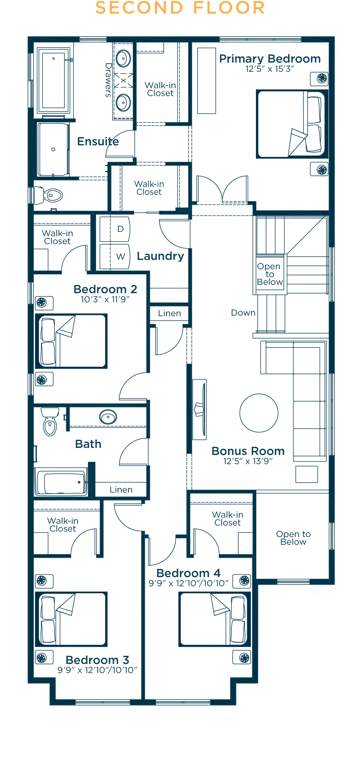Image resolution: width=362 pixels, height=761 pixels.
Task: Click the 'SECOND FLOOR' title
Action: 180,8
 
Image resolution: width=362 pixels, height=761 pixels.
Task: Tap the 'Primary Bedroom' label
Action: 270,59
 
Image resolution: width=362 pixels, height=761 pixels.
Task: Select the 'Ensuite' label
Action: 98,141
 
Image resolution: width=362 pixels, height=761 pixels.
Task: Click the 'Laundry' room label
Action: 160,256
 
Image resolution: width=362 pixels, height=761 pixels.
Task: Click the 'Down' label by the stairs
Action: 243,313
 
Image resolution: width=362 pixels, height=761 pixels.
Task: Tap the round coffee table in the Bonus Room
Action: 259,413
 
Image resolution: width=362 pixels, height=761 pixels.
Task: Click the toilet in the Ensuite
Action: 49,195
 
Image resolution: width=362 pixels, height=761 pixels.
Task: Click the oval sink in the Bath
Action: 108,417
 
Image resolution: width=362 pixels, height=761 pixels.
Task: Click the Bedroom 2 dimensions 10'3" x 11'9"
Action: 105,299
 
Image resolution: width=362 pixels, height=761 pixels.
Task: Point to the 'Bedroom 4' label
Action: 188,573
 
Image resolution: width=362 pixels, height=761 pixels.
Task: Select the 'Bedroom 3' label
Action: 97,660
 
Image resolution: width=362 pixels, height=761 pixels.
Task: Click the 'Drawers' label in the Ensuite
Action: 108,80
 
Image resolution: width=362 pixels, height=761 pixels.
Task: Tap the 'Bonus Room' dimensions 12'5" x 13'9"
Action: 248,461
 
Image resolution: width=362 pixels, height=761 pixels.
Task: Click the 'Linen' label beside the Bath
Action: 121,490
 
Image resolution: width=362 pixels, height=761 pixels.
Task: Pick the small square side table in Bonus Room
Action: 307,474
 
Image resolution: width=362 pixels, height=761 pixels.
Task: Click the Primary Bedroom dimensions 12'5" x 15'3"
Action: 270,69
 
